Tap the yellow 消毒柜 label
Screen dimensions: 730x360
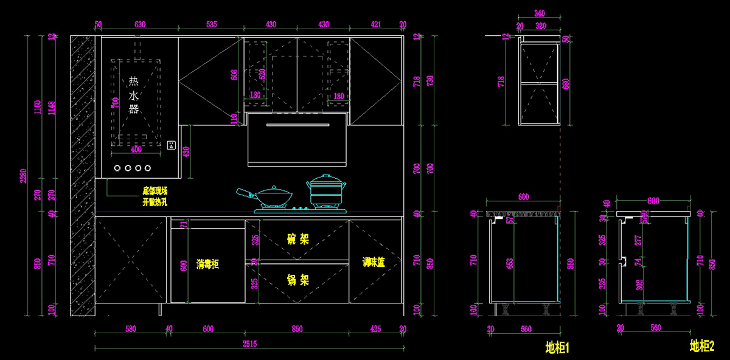tap(207, 264)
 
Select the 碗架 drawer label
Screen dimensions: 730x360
tap(298, 239)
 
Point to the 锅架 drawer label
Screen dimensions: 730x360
tap(298, 280)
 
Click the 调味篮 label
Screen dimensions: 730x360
tap(374, 262)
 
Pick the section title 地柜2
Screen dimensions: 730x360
tap(701, 346)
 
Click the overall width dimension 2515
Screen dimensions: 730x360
tap(249, 344)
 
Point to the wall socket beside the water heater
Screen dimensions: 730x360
tap(172, 145)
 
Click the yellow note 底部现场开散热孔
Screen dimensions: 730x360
tap(155, 196)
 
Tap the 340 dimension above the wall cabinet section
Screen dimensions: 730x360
tap(539, 13)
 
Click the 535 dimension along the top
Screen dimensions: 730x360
tap(211, 25)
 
